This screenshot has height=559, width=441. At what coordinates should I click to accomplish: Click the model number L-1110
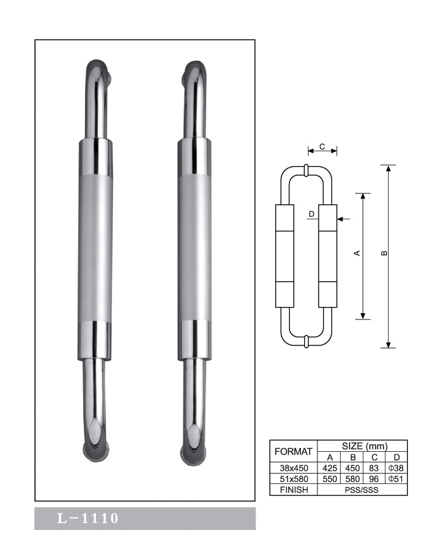[88, 518]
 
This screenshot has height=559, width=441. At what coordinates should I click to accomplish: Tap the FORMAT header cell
[293, 451]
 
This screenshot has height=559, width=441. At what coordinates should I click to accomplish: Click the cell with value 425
[330, 468]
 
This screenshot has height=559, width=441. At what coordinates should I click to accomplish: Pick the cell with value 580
[353, 479]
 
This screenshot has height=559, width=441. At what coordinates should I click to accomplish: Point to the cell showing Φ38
[396, 468]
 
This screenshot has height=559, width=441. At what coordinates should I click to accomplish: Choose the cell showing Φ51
[396, 479]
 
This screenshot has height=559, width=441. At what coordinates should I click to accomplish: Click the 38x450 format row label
[293, 468]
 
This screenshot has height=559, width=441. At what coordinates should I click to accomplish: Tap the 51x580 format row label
[293, 479]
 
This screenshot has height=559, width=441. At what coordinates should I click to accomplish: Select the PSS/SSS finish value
[362, 490]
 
